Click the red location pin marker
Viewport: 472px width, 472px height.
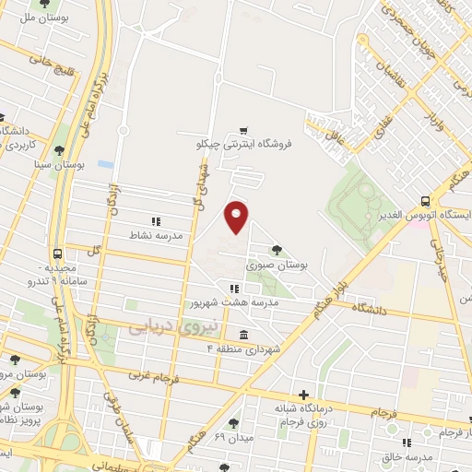coord(237,217)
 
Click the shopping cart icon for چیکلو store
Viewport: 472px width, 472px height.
coord(243,131)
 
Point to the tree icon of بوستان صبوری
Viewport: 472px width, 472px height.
coord(277,251)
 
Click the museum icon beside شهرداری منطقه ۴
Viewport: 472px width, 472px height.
coord(243,335)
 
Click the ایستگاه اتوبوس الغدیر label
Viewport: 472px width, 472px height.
coord(427,215)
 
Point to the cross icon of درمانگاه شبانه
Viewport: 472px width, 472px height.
coord(302,394)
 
